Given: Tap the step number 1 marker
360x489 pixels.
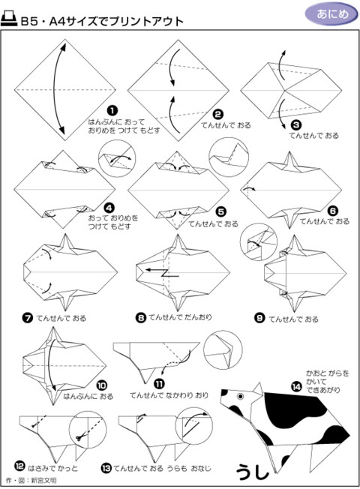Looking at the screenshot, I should coord(112,110).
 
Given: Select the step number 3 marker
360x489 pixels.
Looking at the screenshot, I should coord(296,125).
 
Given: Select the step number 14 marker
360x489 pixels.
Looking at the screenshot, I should coord(296,385).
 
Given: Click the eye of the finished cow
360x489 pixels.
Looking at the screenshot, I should coord(240,395).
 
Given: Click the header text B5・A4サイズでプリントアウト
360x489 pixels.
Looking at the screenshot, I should coord(101,21).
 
